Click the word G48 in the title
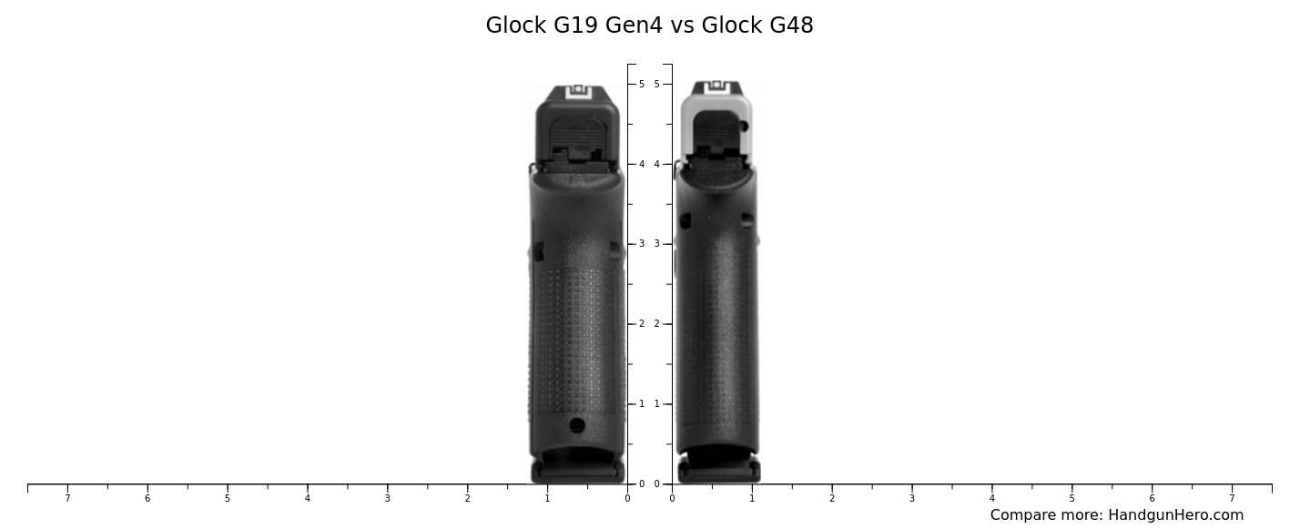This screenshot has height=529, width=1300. tap(790, 25)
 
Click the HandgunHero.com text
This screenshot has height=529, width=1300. tap(1175, 515)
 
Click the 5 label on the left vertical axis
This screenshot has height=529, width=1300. tap(641, 84)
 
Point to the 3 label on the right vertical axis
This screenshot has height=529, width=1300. tap(656, 244)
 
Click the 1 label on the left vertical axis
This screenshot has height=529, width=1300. tap(641, 404)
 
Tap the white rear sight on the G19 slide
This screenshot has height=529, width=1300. tap(578, 90)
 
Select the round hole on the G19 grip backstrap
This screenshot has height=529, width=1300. tap(577, 425)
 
